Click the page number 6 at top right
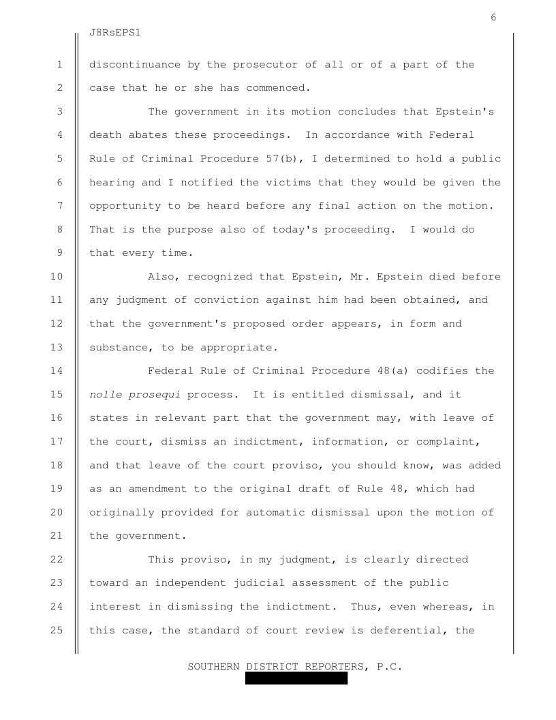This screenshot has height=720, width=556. tap(493, 18)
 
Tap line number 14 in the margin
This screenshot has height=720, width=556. tap(57, 371)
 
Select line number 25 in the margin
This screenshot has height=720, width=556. tap(57, 630)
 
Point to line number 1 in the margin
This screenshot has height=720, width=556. tap(60, 65)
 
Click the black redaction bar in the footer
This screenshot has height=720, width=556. tap(296, 678)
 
